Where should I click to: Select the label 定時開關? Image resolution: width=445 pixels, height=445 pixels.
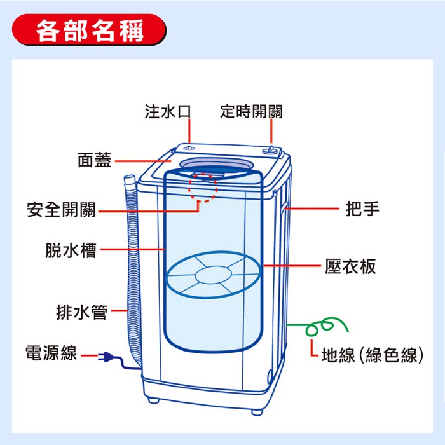(x=252, y=113)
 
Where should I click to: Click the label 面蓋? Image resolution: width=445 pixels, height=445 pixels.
(x=94, y=161)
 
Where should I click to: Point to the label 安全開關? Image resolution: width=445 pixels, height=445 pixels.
(x=61, y=209)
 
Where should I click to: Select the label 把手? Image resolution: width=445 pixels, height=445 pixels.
(x=362, y=209)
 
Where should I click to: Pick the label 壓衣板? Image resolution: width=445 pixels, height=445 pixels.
(x=350, y=266)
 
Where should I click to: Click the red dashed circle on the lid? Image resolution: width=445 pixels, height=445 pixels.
(x=203, y=185)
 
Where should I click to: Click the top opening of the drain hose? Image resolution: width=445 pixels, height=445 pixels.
(x=130, y=180)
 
